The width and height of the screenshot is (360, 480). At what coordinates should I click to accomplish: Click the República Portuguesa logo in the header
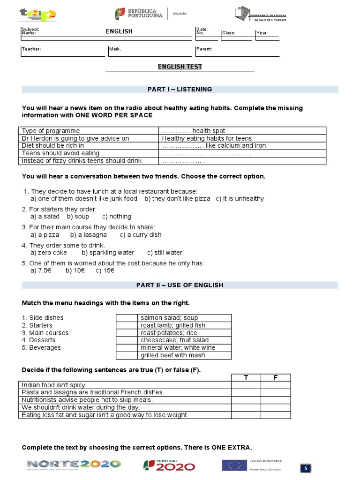coord(139,14)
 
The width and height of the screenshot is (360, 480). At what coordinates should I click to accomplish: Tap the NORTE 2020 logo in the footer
coord(74,465)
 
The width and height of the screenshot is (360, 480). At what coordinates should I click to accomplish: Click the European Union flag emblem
coord(234,465)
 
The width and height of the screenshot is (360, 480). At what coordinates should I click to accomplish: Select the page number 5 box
coord(306,468)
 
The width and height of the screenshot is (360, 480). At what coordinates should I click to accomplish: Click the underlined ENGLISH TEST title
coord(180,67)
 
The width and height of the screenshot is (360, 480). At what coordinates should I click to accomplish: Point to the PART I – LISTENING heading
coord(180,89)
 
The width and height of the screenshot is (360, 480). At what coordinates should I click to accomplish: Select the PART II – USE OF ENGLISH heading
coord(180,285)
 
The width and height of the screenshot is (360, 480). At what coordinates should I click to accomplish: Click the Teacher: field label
coord(31,49)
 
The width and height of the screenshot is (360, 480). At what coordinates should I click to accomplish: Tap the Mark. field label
coord(115,49)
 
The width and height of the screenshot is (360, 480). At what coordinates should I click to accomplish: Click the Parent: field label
coord(204,49)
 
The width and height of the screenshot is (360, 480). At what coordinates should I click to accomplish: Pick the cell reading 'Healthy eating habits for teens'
coord(207,138)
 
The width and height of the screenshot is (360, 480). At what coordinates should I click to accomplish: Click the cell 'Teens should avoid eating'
coord(61,153)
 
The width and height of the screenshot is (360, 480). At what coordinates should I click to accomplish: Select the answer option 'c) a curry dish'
coord(141,235)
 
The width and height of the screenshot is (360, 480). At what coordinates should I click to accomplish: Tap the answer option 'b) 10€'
coord(74,270)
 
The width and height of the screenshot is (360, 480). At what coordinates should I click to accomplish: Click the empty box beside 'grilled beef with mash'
coord(126,355)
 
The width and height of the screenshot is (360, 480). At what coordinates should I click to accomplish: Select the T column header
coord(246,378)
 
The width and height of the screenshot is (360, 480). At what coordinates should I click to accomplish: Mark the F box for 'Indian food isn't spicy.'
coord(276,385)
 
